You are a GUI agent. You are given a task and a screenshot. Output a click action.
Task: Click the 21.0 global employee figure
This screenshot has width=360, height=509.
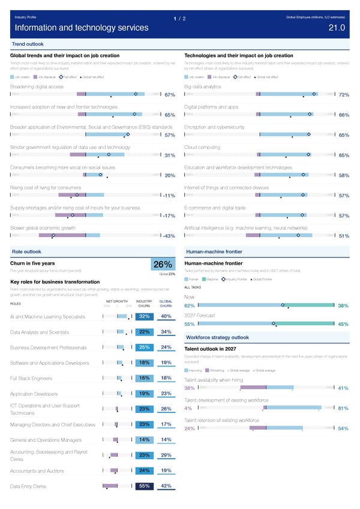point(337,28)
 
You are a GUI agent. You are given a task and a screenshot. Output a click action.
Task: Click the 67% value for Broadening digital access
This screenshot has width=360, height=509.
point(169,95)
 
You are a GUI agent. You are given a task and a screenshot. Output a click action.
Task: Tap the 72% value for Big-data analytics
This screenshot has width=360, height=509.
point(344,95)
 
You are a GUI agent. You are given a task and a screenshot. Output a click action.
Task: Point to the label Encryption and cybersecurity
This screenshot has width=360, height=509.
point(214,127)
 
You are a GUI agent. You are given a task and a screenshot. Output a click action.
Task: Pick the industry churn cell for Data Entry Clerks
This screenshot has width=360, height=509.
point(144,486)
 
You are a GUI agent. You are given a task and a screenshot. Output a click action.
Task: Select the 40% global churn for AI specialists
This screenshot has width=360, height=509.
point(167,317)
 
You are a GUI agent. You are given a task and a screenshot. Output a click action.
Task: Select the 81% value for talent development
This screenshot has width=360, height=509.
point(344,409)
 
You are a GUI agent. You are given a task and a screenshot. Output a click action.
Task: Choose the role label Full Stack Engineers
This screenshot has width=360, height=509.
point(31,379)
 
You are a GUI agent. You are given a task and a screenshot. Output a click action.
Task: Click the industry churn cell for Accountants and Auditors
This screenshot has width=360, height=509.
point(144,471)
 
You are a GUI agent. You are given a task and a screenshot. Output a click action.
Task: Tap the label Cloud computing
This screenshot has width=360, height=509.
point(203,147)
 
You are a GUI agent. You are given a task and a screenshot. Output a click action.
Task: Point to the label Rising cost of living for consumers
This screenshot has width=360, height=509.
point(50,187)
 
